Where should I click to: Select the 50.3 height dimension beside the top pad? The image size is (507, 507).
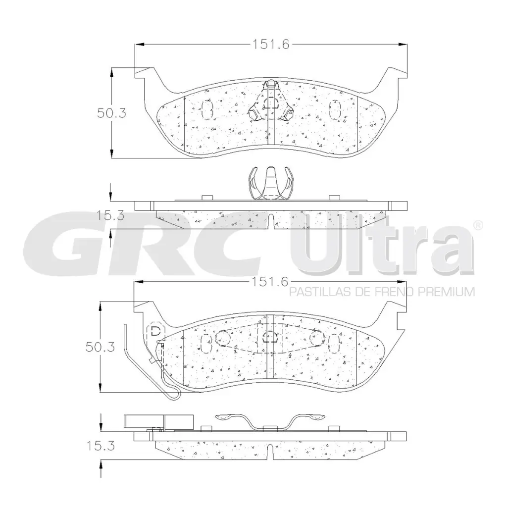[111, 112]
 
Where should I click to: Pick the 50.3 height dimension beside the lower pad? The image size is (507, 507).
[100, 347]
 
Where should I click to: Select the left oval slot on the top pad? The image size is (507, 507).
[207, 109]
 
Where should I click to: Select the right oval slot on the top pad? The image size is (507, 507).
[335, 109]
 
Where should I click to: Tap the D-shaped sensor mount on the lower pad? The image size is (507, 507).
[155, 331]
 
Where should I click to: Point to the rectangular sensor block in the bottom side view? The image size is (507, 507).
[158, 421]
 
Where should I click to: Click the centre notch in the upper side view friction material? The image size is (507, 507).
[271, 220]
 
